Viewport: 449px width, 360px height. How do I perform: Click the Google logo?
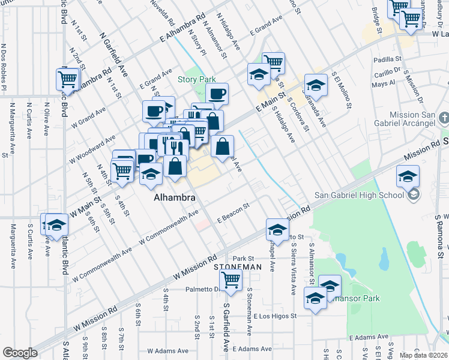(20, 353)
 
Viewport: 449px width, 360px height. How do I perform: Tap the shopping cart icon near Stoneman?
(231, 280)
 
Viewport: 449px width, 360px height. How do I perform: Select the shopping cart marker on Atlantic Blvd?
(68, 79)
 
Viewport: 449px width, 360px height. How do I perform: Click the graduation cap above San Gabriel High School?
(408, 176)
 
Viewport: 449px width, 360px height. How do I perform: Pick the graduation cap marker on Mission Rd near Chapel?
(277, 230)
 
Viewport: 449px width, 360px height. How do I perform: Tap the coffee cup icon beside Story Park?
(217, 94)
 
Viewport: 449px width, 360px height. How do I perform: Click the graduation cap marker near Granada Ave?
(316, 85)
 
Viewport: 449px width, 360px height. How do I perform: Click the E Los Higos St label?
(276, 316)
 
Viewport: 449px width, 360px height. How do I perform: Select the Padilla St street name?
(387, 59)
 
